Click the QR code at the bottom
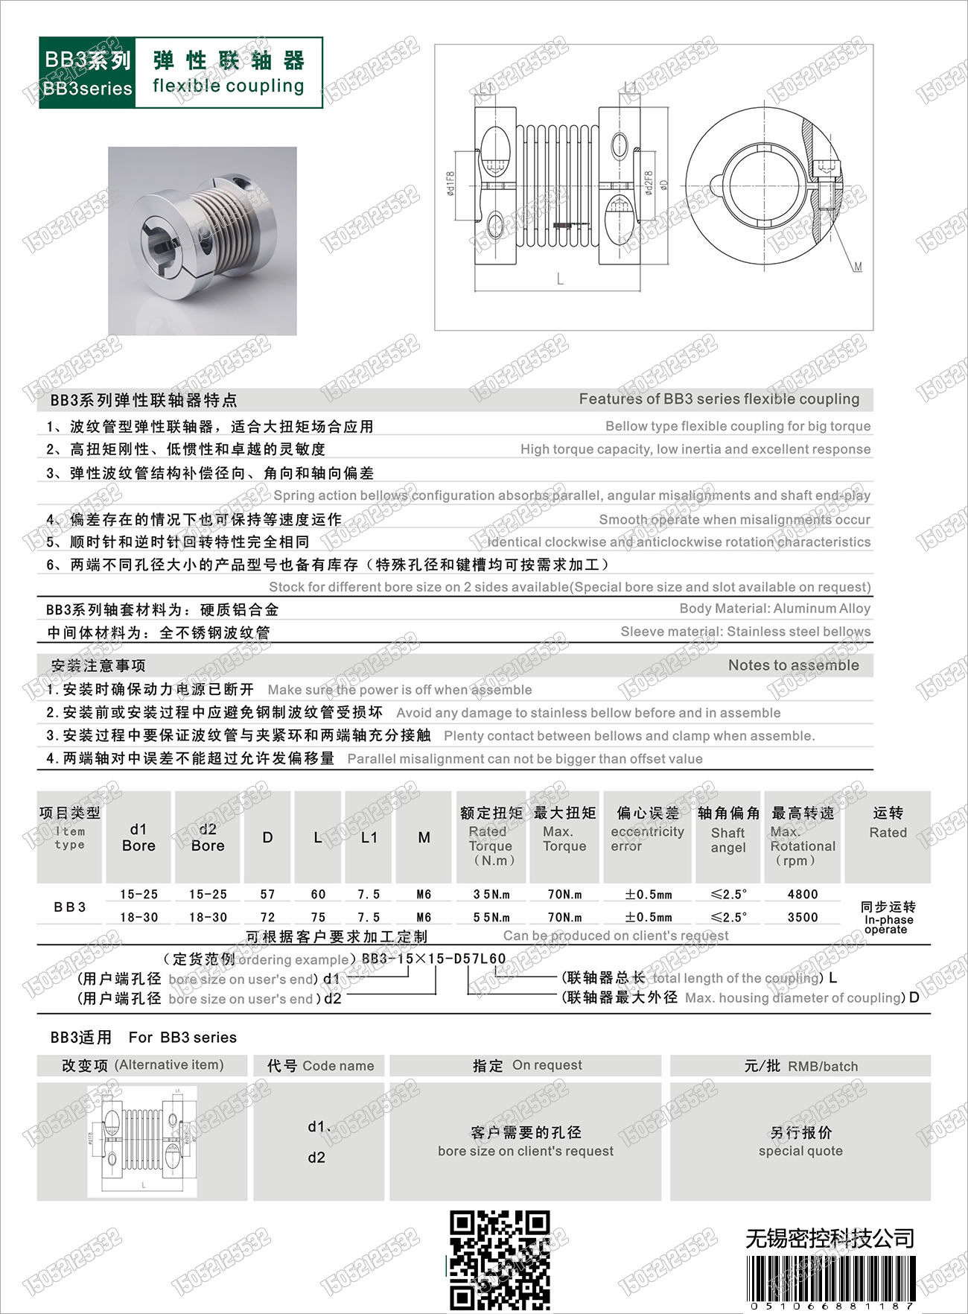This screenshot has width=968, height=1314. tap(500, 1259)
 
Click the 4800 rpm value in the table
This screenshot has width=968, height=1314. tap(802, 894)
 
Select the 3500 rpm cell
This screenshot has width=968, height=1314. tap(802, 917)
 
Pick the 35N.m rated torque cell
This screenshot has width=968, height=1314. tap(491, 894)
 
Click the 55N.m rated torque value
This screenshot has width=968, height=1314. tap(491, 917)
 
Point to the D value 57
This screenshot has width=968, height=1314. tap(267, 894)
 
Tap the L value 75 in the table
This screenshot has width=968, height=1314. tap(318, 917)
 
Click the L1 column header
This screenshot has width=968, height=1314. tap(369, 837)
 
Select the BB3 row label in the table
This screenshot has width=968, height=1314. tap(69, 907)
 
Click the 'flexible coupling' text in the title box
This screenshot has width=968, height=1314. tap(229, 86)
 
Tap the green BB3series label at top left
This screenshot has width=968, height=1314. tap(87, 73)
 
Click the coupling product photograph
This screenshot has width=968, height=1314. tap(203, 241)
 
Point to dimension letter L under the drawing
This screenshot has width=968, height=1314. tap(560, 279)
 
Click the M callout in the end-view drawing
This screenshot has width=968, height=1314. tap(858, 266)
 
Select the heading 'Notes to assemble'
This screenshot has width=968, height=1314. tap(793, 665)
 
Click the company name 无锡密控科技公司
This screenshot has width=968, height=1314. tap(830, 1239)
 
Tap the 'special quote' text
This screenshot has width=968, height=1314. tap(800, 1151)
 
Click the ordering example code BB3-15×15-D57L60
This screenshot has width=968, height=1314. tap(433, 959)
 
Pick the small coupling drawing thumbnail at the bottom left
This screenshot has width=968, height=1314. tap(142, 1140)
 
